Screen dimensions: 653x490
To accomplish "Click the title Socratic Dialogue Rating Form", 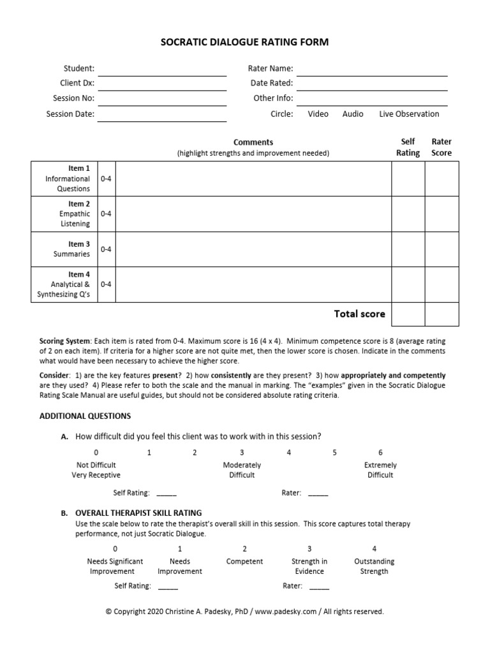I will (x=244, y=42).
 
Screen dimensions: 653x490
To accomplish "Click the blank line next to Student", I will (x=162, y=70).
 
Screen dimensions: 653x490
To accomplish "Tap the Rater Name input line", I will (x=372, y=70).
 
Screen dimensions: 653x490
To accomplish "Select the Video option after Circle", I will (x=318, y=114).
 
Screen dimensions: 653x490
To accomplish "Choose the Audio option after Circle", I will (x=353, y=114).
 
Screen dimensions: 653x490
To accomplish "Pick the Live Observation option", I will (x=409, y=114).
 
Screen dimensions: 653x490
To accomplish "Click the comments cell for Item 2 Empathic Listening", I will (x=253, y=214).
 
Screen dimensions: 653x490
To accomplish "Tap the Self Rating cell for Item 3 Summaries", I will (x=408, y=249).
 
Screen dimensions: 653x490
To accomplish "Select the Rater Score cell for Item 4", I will (x=442, y=284).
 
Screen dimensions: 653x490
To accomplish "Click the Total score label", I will (x=359, y=314).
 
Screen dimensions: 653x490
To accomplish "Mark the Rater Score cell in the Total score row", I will (x=442, y=314).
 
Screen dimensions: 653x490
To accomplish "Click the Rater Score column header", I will (x=442, y=147).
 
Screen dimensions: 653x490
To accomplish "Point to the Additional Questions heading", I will (x=85, y=416).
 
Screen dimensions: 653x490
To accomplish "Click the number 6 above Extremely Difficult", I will (x=380, y=453).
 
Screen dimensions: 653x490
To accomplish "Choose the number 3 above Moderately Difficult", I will (x=242, y=453).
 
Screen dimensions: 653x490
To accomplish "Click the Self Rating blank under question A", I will (x=167, y=493).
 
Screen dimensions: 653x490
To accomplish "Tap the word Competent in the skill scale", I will (x=244, y=562).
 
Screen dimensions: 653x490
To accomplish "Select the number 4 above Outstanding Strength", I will (x=374, y=549).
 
